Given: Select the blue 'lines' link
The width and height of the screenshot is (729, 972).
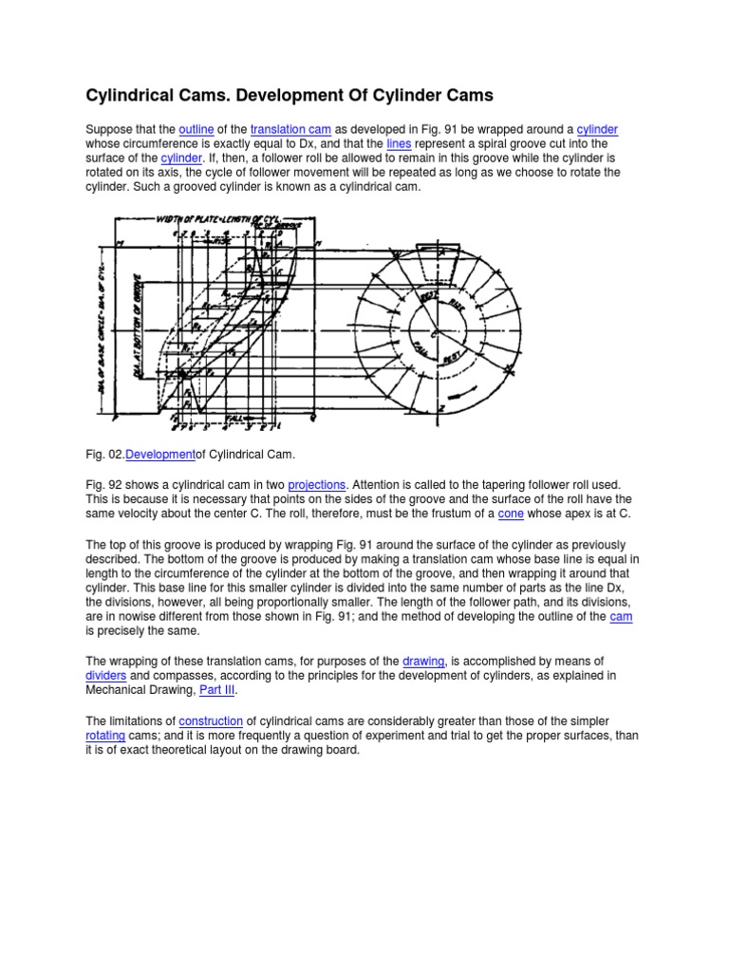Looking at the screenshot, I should (x=400, y=143).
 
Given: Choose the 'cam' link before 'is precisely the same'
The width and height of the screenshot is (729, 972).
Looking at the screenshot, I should (x=621, y=617).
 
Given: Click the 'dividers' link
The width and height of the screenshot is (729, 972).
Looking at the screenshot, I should (x=106, y=674).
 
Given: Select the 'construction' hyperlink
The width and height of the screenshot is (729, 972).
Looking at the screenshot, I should (x=211, y=721).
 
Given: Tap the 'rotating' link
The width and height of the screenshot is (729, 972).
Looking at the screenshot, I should (x=106, y=736).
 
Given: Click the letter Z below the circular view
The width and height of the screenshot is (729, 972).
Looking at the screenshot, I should (x=442, y=408).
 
